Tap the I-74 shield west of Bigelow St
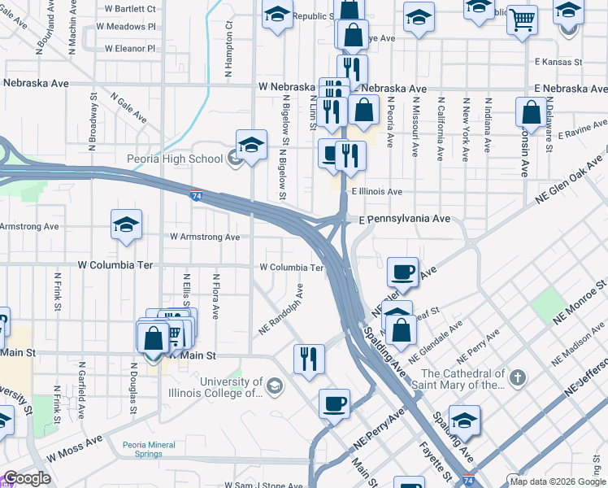[x=197, y=196]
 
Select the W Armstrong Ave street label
[x=204, y=237]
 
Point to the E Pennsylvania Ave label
[x=405, y=220]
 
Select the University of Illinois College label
[x=232, y=388]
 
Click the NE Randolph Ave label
[x=281, y=310]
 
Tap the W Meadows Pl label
[x=125, y=27]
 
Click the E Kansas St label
[x=558, y=62]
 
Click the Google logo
[x=27, y=479]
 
